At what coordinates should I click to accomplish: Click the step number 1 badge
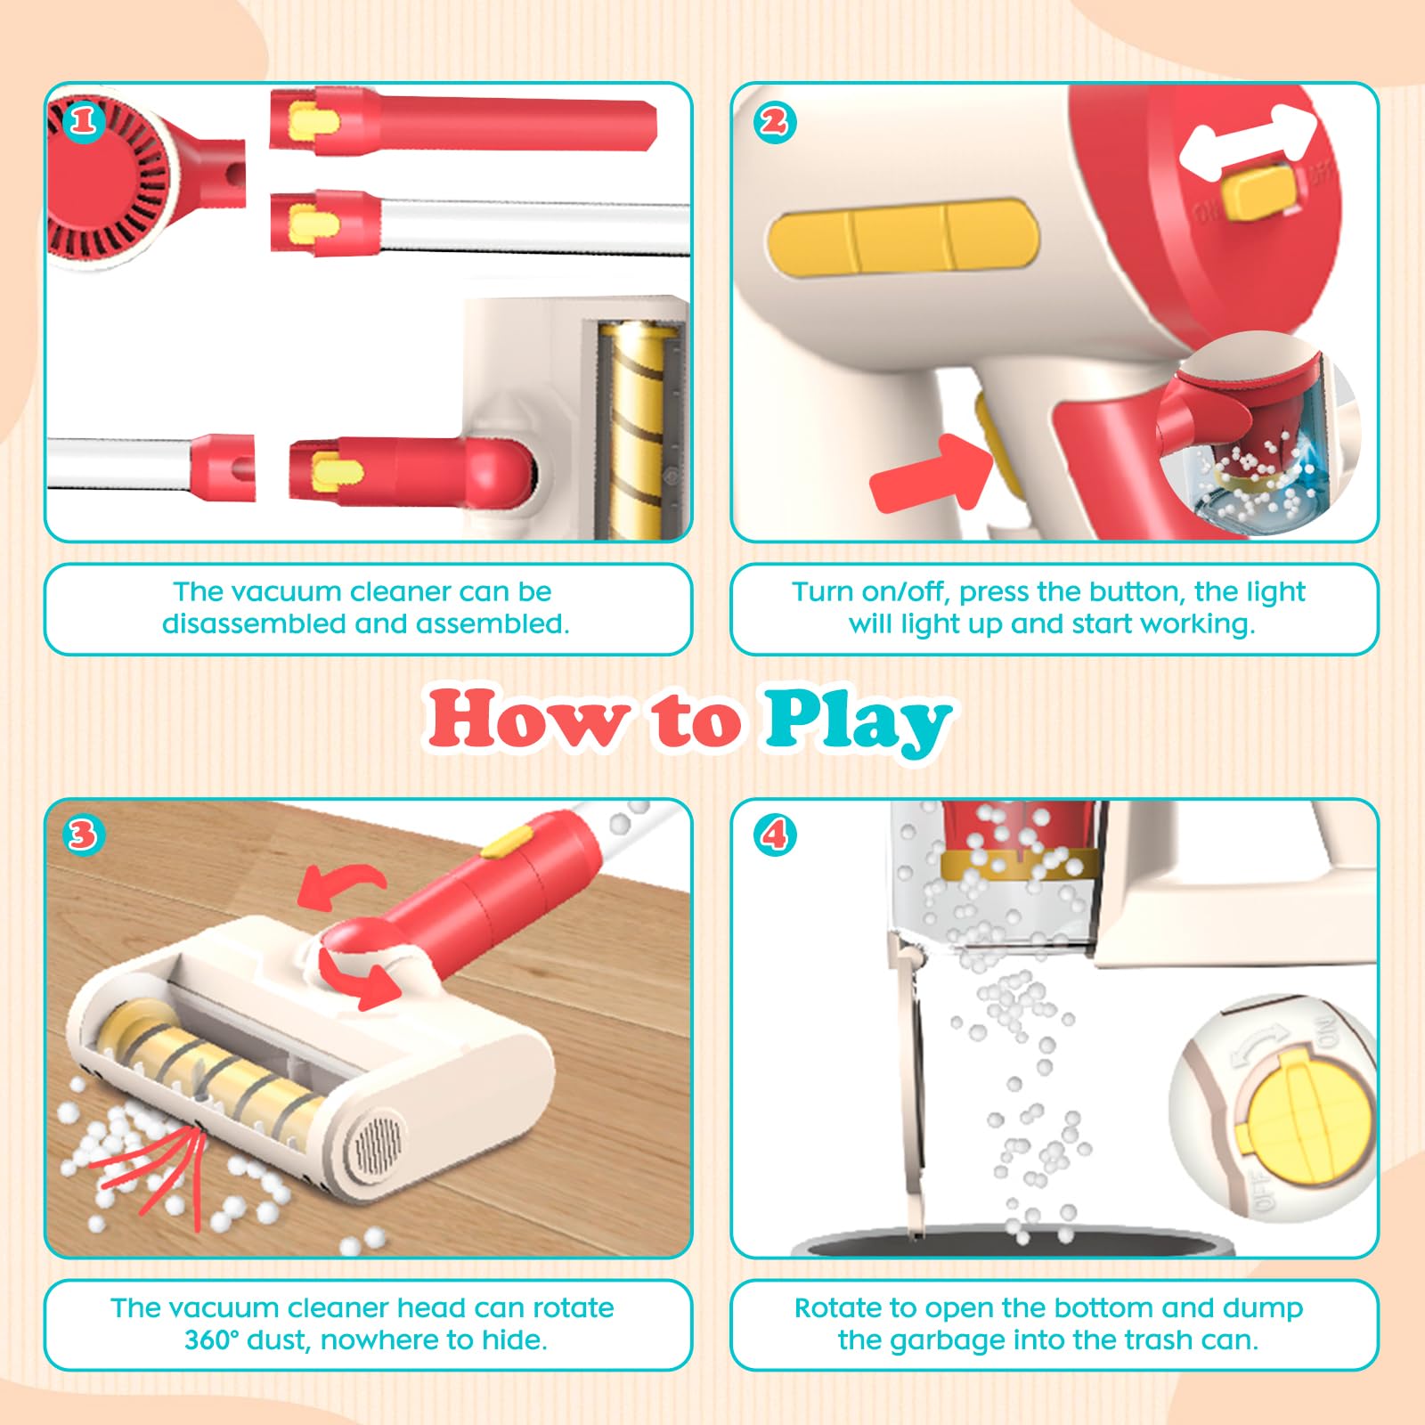point(84,120)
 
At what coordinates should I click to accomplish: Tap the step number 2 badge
point(774,121)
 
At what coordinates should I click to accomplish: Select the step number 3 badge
point(83,835)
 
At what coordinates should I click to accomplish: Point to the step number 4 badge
point(774,835)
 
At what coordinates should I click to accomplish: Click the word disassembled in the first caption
point(255,623)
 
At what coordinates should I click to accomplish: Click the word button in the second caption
point(1137,591)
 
